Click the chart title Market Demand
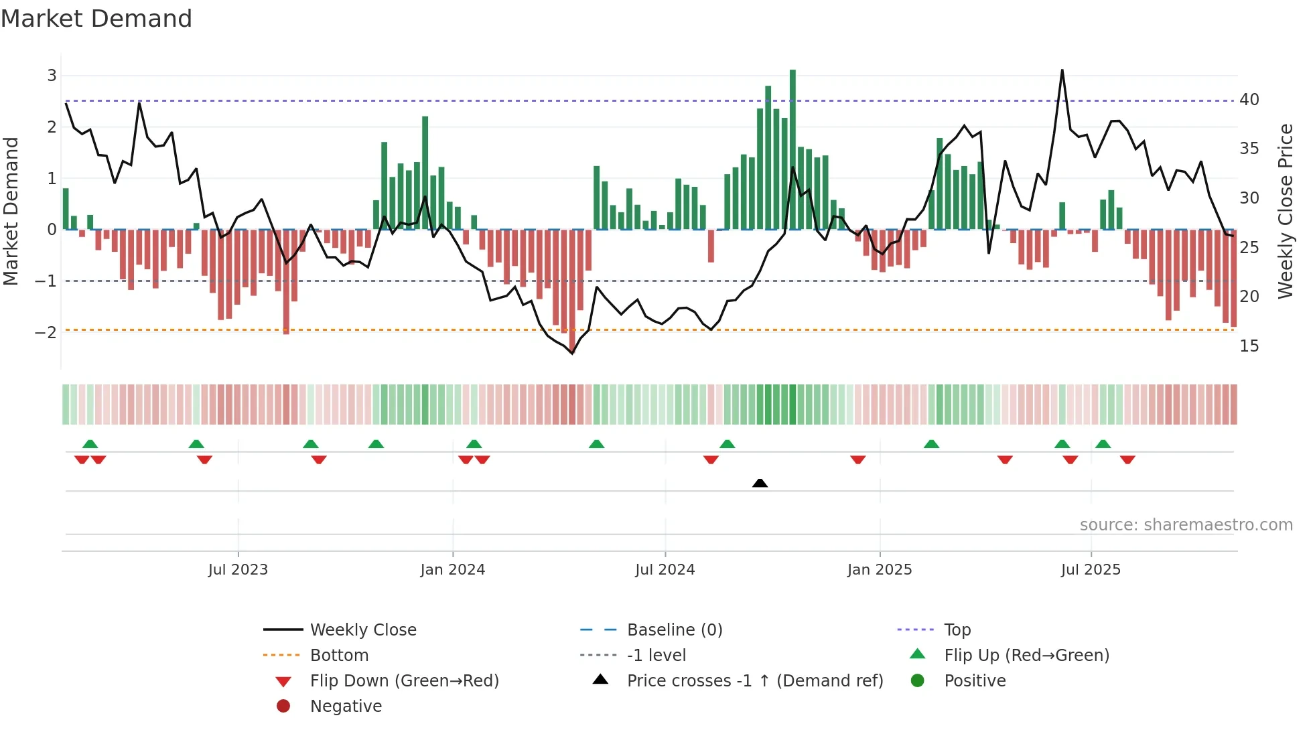coord(96,19)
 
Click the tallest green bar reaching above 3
coord(792,147)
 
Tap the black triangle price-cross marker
coord(760,483)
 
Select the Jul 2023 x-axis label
coord(238,570)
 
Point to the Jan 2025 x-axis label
coord(880,570)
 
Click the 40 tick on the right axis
coord(1249,100)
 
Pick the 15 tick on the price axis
coord(1249,346)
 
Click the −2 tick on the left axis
coord(46,332)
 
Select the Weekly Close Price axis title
coord(1285,211)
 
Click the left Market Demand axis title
coord(11,211)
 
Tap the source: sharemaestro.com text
coord(1186,525)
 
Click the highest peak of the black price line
coord(1062,70)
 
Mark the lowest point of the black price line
coord(572,353)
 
